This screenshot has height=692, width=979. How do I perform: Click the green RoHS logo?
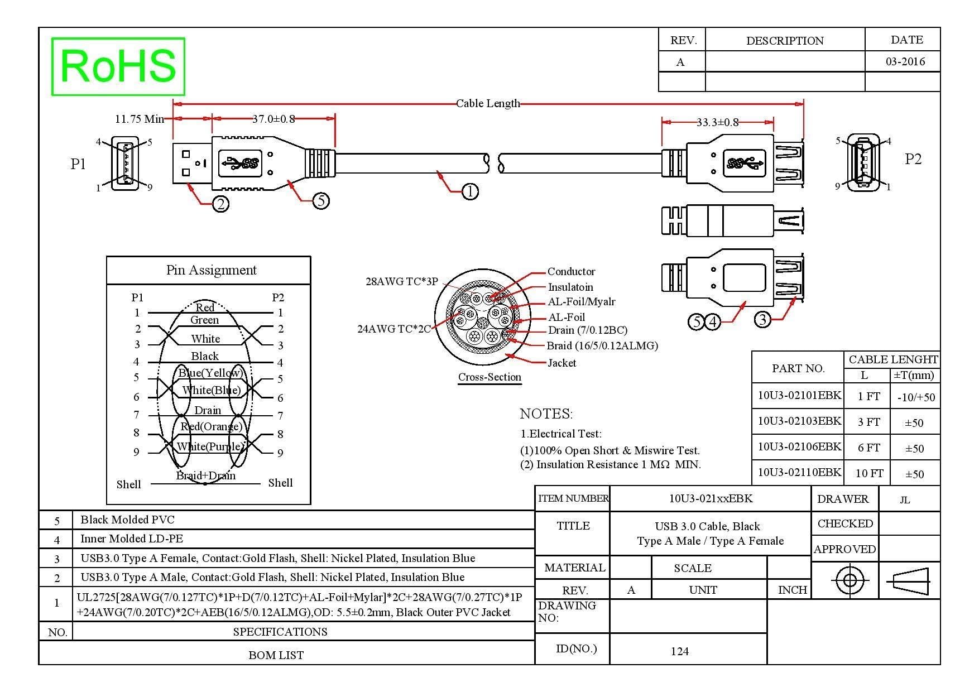[x=118, y=66]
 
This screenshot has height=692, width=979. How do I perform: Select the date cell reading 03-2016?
[x=905, y=61]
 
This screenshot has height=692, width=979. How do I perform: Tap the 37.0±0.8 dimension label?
[x=273, y=118]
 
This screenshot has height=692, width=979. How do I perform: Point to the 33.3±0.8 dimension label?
[x=717, y=122]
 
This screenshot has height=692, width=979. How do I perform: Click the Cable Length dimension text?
[x=488, y=103]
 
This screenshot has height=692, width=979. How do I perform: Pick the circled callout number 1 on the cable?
[x=470, y=192]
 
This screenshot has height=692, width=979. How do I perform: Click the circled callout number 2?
[x=221, y=204]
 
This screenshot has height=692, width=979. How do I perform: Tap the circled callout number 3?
[x=762, y=320]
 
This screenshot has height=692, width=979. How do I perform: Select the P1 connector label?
[x=78, y=164]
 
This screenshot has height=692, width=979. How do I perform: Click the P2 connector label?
[x=913, y=159]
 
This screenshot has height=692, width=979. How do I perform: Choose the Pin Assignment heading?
[x=211, y=270]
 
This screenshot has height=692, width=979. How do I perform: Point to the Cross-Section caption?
[x=490, y=377]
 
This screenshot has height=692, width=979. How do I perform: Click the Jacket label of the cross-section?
[x=562, y=363]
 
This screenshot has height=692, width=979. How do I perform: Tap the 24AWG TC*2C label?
[x=394, y=329]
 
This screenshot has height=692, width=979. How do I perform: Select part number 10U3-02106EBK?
[x=799, y=446]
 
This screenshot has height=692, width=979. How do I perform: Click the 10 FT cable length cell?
[x=869, y=474]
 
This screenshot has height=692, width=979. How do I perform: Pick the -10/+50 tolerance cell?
[x=916, y=397]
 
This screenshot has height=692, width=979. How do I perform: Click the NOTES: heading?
[x=546, y=414]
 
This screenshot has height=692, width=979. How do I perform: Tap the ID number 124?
[x=679, y=651]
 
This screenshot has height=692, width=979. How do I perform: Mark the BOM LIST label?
[x=276, y=655]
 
